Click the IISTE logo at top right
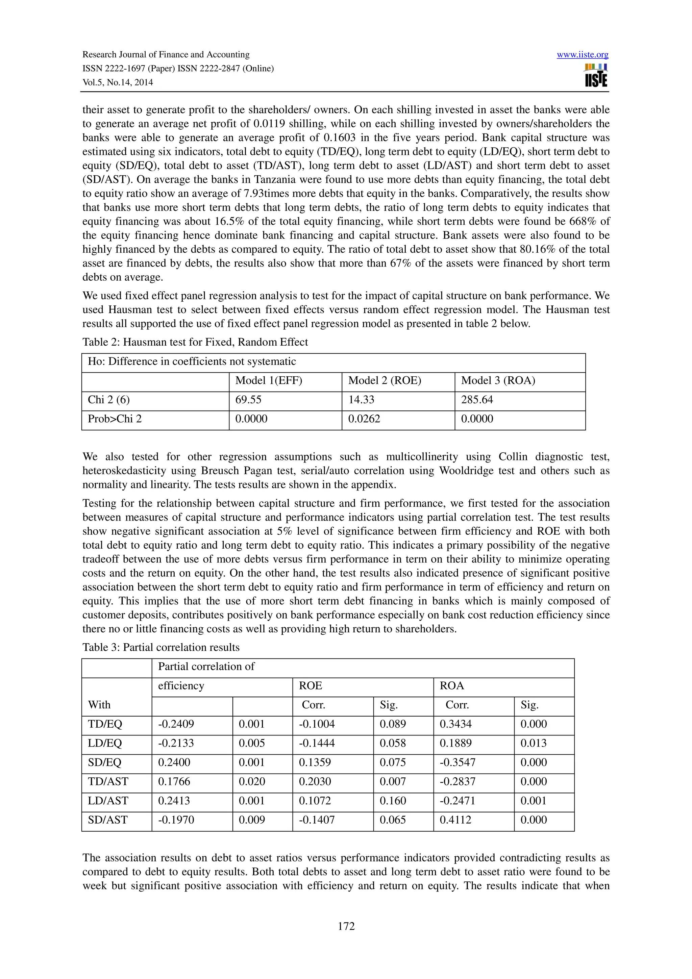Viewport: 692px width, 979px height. pos(596,76)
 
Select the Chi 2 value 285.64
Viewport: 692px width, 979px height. pos(477,400)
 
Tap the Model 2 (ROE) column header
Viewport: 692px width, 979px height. pos(384,380)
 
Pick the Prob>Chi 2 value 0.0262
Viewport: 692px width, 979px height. pos(364,419)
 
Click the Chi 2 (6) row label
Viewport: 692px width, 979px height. pos(109,400)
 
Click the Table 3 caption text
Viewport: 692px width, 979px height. pos(161,647)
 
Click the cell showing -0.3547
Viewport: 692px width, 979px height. pos(458,762)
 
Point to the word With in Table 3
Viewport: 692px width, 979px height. pos(99,704)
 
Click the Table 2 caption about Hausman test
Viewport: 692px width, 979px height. pos(195,342)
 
